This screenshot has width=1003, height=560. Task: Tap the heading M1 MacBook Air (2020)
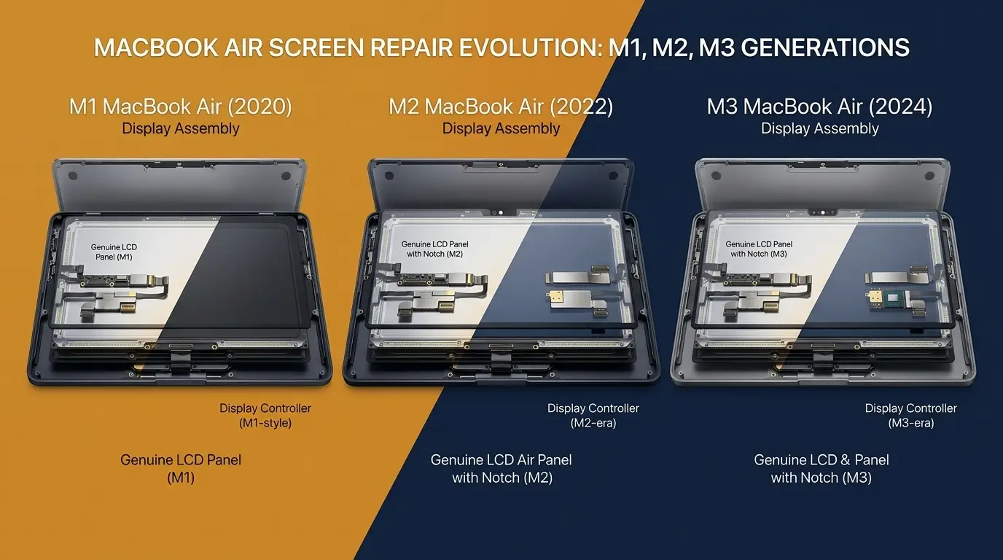click(x=181, y=107)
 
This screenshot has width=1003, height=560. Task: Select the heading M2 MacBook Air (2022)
click(x=501, y=107)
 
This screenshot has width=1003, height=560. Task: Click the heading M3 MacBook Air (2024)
click(x=819, y=107)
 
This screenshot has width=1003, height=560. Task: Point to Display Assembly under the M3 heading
click(x=819, y=129)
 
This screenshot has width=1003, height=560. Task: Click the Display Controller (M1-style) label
click(x=265, y=416)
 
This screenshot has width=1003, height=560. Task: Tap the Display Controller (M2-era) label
click(x=593, y=416)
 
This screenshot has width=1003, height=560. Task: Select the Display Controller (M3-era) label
click(x=910, y=416)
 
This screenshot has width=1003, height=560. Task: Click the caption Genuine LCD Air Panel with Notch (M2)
click(x=501, y=469)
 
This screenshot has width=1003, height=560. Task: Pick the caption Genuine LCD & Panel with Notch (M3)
click(x=821, y=469)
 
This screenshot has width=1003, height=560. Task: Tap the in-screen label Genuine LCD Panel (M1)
click(x=114, y=252)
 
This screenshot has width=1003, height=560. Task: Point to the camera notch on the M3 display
click(x=821, y=212)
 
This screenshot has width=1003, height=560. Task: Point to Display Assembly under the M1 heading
click(x=181, y=129)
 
